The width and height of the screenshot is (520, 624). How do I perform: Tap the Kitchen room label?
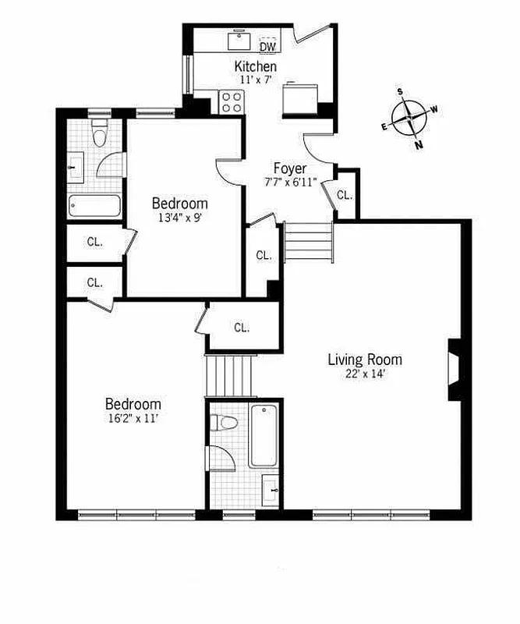[255, 66]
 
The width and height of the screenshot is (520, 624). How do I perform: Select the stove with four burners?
[232, 101]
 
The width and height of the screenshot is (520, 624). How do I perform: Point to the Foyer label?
[289, 168]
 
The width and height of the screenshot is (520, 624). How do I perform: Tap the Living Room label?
[364, 360]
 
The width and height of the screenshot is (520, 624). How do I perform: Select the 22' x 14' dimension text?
[364, 374]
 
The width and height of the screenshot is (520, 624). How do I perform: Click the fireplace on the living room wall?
[455, 362]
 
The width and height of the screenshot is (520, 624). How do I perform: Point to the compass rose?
[410, 119]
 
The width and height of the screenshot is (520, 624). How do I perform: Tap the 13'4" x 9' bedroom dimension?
[179, 218]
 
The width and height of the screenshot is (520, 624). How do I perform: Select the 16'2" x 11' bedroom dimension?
[133, 418]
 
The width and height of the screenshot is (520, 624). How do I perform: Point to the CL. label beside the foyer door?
[345, 195]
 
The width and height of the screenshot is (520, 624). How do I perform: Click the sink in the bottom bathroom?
[270, 489]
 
